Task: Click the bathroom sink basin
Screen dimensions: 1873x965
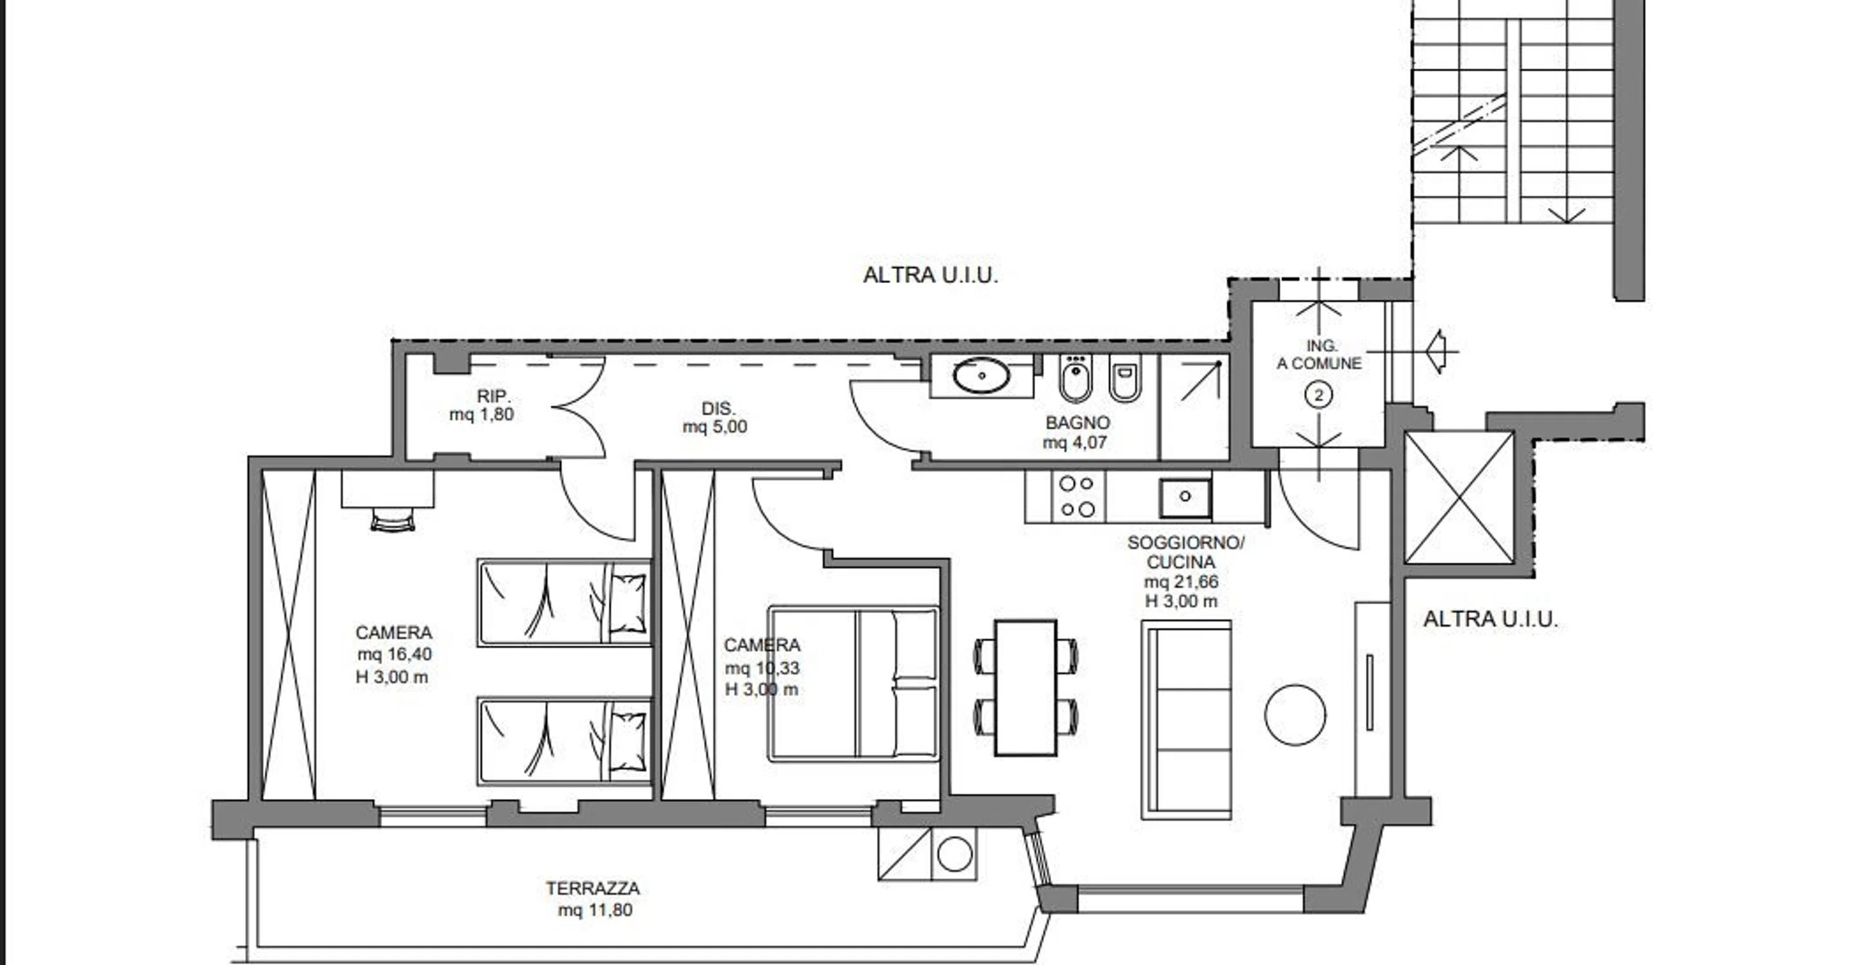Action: pyautogui.click(x=982, y=376)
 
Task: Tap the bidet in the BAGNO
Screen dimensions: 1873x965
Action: pyautogui.click(x=1075, y=378)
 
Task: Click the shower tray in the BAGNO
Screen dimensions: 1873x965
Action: pyautogui.click(x=1194, y=407)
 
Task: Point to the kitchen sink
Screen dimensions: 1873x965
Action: pyautogui.click(x=1185, y=499)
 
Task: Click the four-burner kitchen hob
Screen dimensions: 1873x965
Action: pyautogui.click(x=1077, y=496)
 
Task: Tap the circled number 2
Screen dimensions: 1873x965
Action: pyautogui.click(x=1319, y=395)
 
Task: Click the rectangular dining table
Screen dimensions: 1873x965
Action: pyautogui.click(x=1025, y=688)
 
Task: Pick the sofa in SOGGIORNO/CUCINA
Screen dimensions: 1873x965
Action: pyautogui.click(x=1186, y=719)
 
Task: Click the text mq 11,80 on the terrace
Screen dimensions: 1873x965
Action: pyautogui.click(x=595, y=910)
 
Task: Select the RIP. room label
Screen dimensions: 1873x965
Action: pyautogui.click(x=494, y=397)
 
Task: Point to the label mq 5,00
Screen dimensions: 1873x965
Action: pyautogui.click(x=714, y=427)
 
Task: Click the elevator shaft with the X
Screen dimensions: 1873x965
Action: pyautogui.click(x=1459, y=498)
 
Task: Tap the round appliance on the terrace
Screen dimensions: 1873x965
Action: pyautogui.click(x=955, y=854)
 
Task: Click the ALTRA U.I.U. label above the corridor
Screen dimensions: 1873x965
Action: pyautogui.click(x=931, y=275)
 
